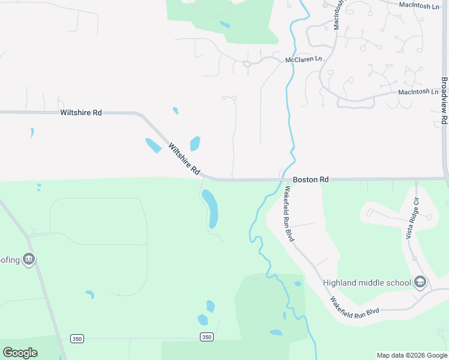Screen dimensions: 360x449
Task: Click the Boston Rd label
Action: [311, 179]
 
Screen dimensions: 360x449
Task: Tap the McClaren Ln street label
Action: [304, 60]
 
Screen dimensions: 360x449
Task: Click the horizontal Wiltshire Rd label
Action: [80, 112]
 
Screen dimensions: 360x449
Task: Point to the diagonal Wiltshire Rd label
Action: [184, 158]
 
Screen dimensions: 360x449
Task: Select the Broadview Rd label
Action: [444, 100]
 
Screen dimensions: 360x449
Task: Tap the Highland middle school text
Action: [366, 283]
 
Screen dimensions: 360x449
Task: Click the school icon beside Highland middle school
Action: [421, 282]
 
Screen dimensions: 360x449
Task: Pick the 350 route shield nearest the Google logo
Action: [77, 339]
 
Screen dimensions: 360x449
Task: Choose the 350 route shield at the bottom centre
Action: [206, 337]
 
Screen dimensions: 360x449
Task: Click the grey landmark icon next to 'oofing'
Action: [29, 259]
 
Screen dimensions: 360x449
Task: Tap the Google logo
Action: [20, 353]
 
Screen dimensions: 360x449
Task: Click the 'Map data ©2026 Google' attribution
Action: [412, 355]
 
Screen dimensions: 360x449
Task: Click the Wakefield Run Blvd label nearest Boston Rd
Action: [289, 213]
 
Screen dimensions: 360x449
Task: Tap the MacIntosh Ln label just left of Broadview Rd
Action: [418, 92]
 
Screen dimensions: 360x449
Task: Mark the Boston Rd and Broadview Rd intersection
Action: [446, 178]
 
